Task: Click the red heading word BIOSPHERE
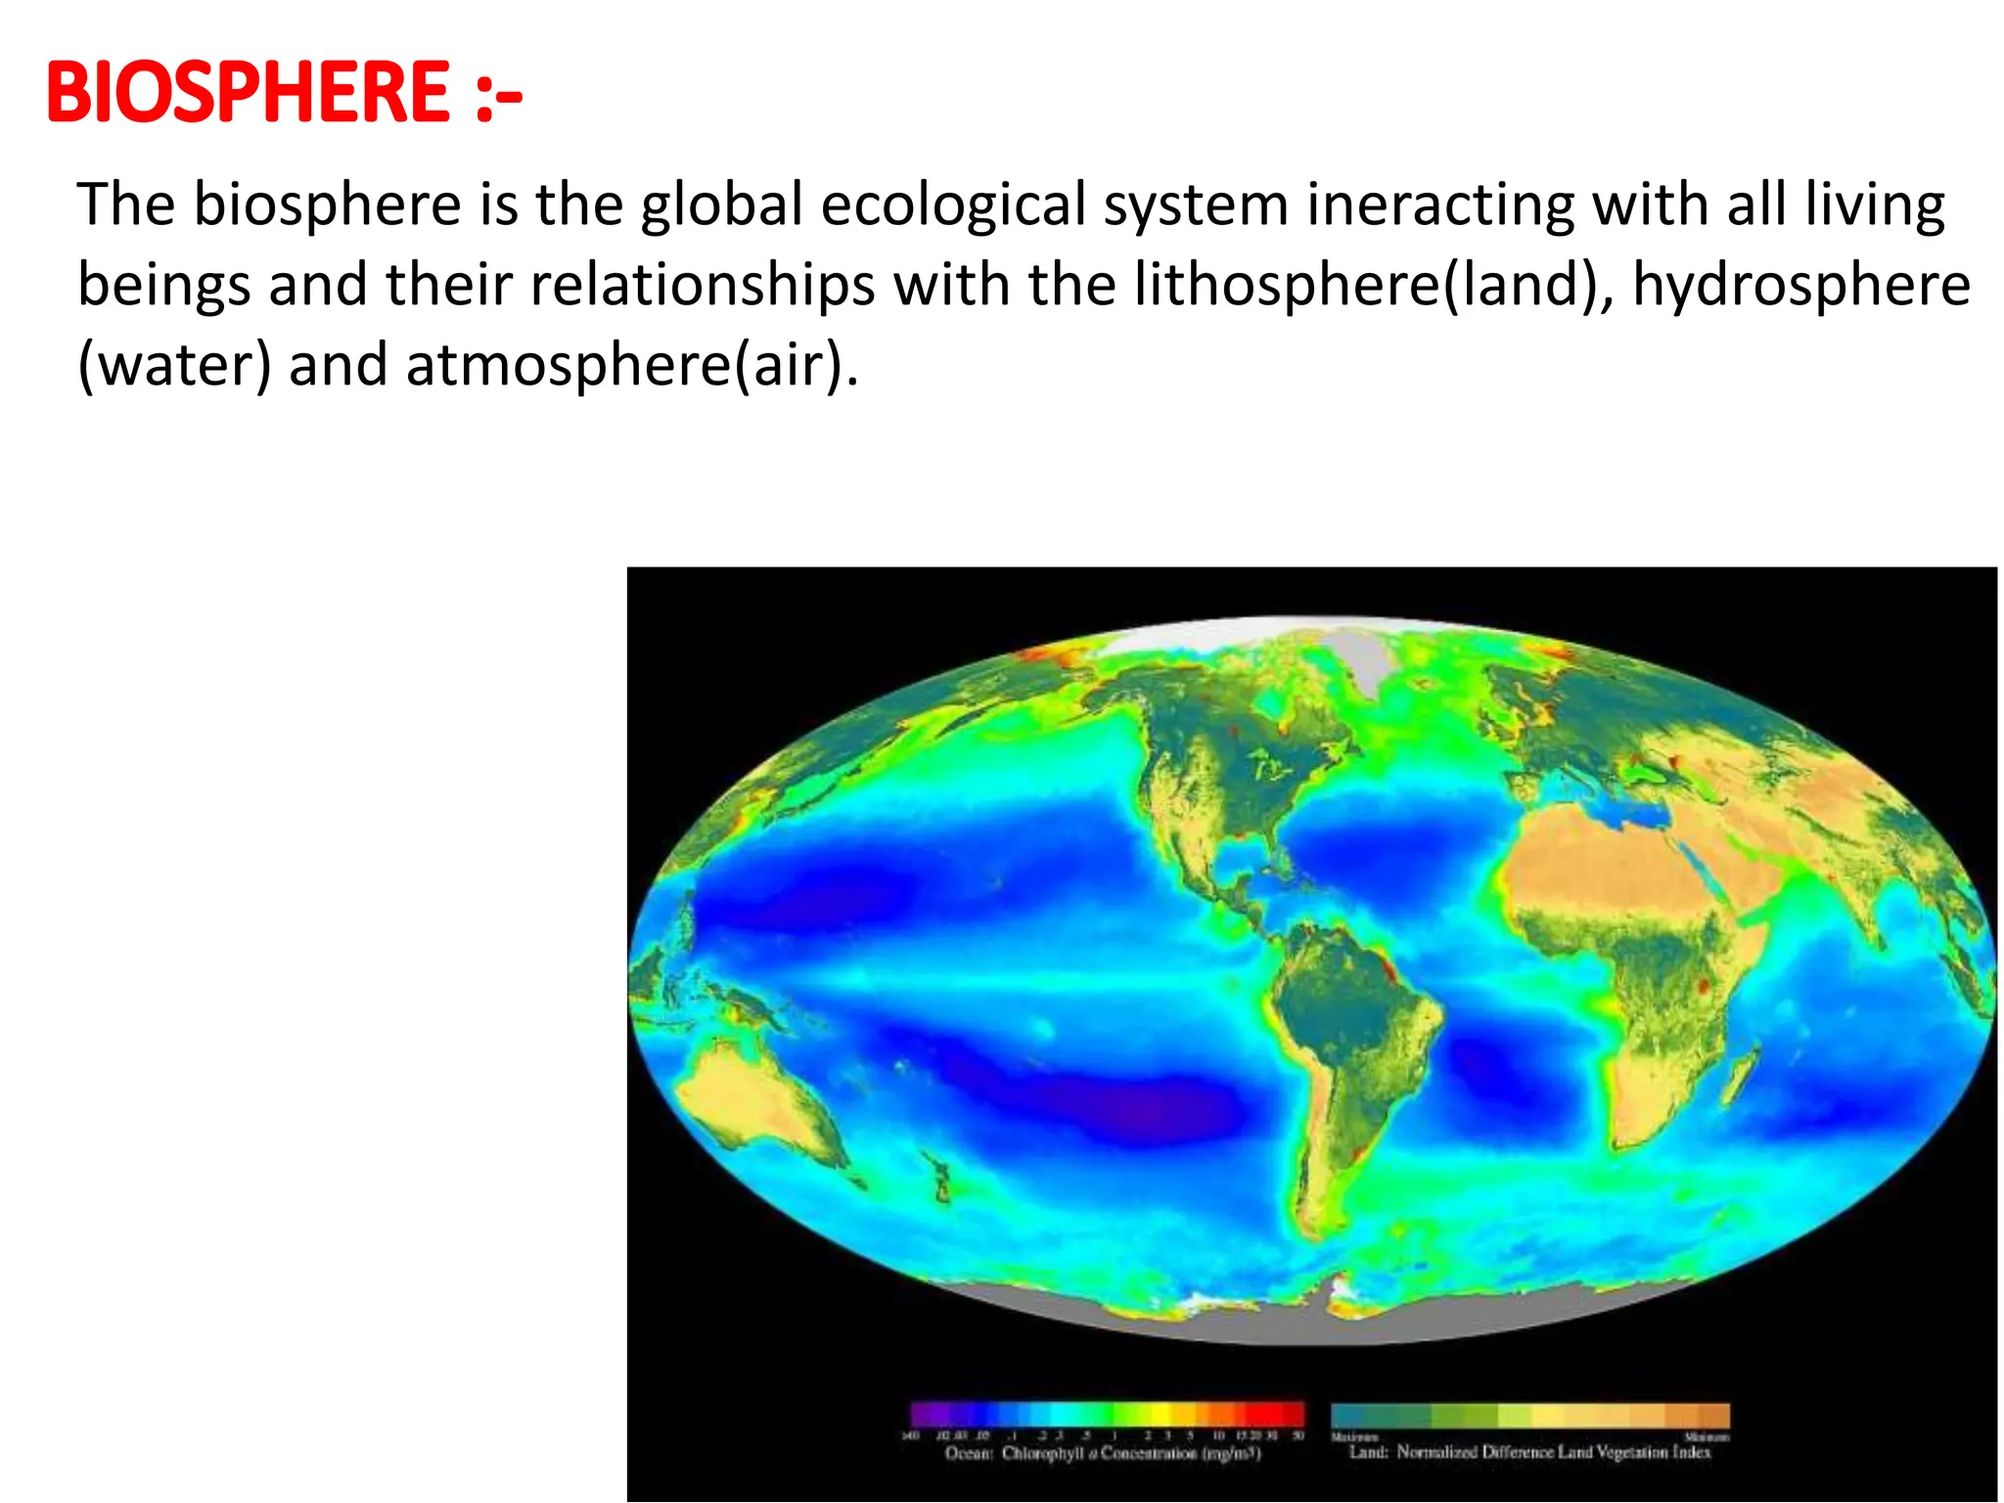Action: (x=249, y=93)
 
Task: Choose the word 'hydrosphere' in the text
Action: (x=1801, y=286)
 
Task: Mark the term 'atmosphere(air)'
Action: (x=632, y=366)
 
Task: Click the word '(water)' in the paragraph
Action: (x=174, y=366)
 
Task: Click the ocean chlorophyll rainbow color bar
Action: (x=1107, y=1414)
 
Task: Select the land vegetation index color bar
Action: (x=1530, y=1415)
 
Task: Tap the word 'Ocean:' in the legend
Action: (x=969, y=1454)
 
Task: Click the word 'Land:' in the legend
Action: (x=1369, y=1452)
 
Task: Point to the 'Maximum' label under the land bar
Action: (x=1354, y=1437)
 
